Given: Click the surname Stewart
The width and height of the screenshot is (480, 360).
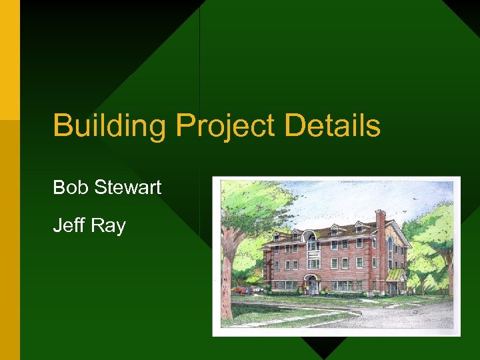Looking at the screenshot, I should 127,187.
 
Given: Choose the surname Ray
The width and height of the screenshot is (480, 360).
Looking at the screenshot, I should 108,225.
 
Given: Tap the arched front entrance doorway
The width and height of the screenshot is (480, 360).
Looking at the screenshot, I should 312,283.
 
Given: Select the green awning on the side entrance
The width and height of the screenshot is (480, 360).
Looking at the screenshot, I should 395,275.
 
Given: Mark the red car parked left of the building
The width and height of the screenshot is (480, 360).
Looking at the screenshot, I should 239,291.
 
